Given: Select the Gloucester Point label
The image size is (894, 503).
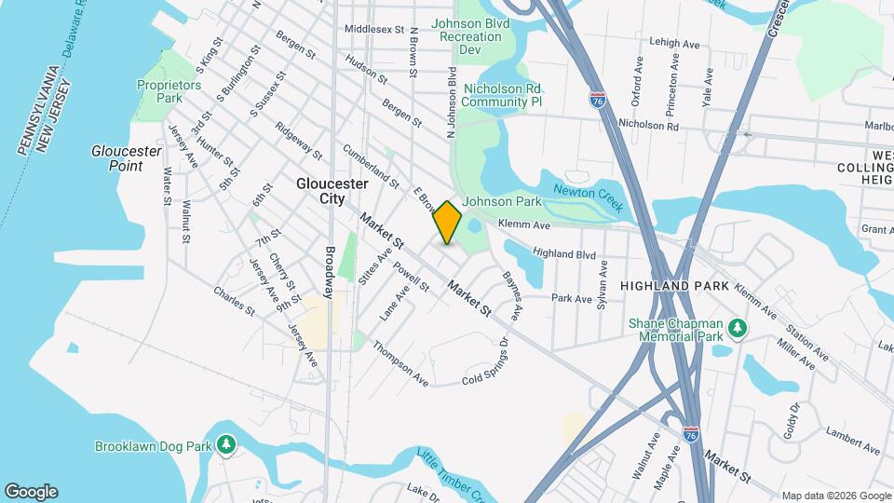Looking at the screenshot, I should point(117,158).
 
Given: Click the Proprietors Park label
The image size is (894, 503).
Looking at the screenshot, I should point(169,90).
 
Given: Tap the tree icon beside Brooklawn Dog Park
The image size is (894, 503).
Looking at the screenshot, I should point(225,446).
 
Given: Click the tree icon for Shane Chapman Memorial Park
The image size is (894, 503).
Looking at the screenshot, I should point(738,327).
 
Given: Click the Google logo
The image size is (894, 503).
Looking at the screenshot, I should point(31,491).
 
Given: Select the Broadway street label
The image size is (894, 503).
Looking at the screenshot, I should point(329,271).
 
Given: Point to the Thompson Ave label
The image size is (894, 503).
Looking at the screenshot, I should point(400,363).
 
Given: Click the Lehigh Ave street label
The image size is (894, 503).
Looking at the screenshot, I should point(674,43).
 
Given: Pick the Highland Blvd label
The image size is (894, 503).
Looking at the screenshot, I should point(563,253).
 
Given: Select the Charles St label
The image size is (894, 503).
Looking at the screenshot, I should point(234,301).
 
